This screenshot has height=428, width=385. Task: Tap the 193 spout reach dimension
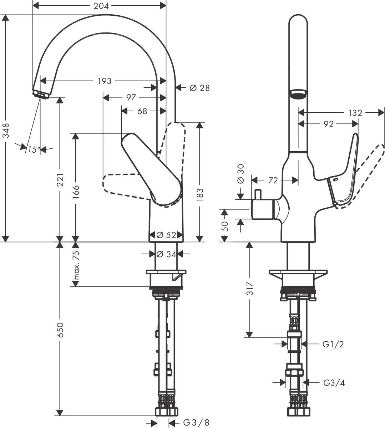click(x=105, y=81)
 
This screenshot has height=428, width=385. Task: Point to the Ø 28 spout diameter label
click(x=199, y=87)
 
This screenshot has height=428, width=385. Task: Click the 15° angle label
click(x=33, y=150)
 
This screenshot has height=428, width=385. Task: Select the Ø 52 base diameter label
click(x=166, y=235)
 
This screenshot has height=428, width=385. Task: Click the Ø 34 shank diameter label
click(x=166, y=254)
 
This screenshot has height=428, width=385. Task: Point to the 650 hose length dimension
click(x=61, y=330)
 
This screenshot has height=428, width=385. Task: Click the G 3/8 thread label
click(x=196, y=423)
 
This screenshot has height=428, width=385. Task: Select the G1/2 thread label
click(x=333, y=345)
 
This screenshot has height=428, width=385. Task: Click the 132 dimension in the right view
click(x=355, y=113)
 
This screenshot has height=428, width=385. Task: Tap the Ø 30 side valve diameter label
click(x=240, y=173)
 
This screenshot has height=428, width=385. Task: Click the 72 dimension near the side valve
click(x=273, y=180)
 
